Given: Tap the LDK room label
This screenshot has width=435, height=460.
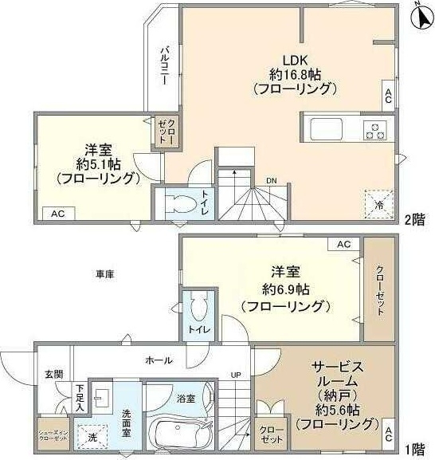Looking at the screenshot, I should click(288, 58).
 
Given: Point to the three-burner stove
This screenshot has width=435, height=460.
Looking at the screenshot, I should click(374, 131).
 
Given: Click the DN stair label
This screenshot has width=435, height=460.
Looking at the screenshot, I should click(272, 180).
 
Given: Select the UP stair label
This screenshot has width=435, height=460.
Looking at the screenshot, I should click(237, 375).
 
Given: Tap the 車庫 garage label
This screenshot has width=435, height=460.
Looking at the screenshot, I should click(105, 274).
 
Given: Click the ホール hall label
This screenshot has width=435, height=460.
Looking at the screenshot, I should click(159, 360).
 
